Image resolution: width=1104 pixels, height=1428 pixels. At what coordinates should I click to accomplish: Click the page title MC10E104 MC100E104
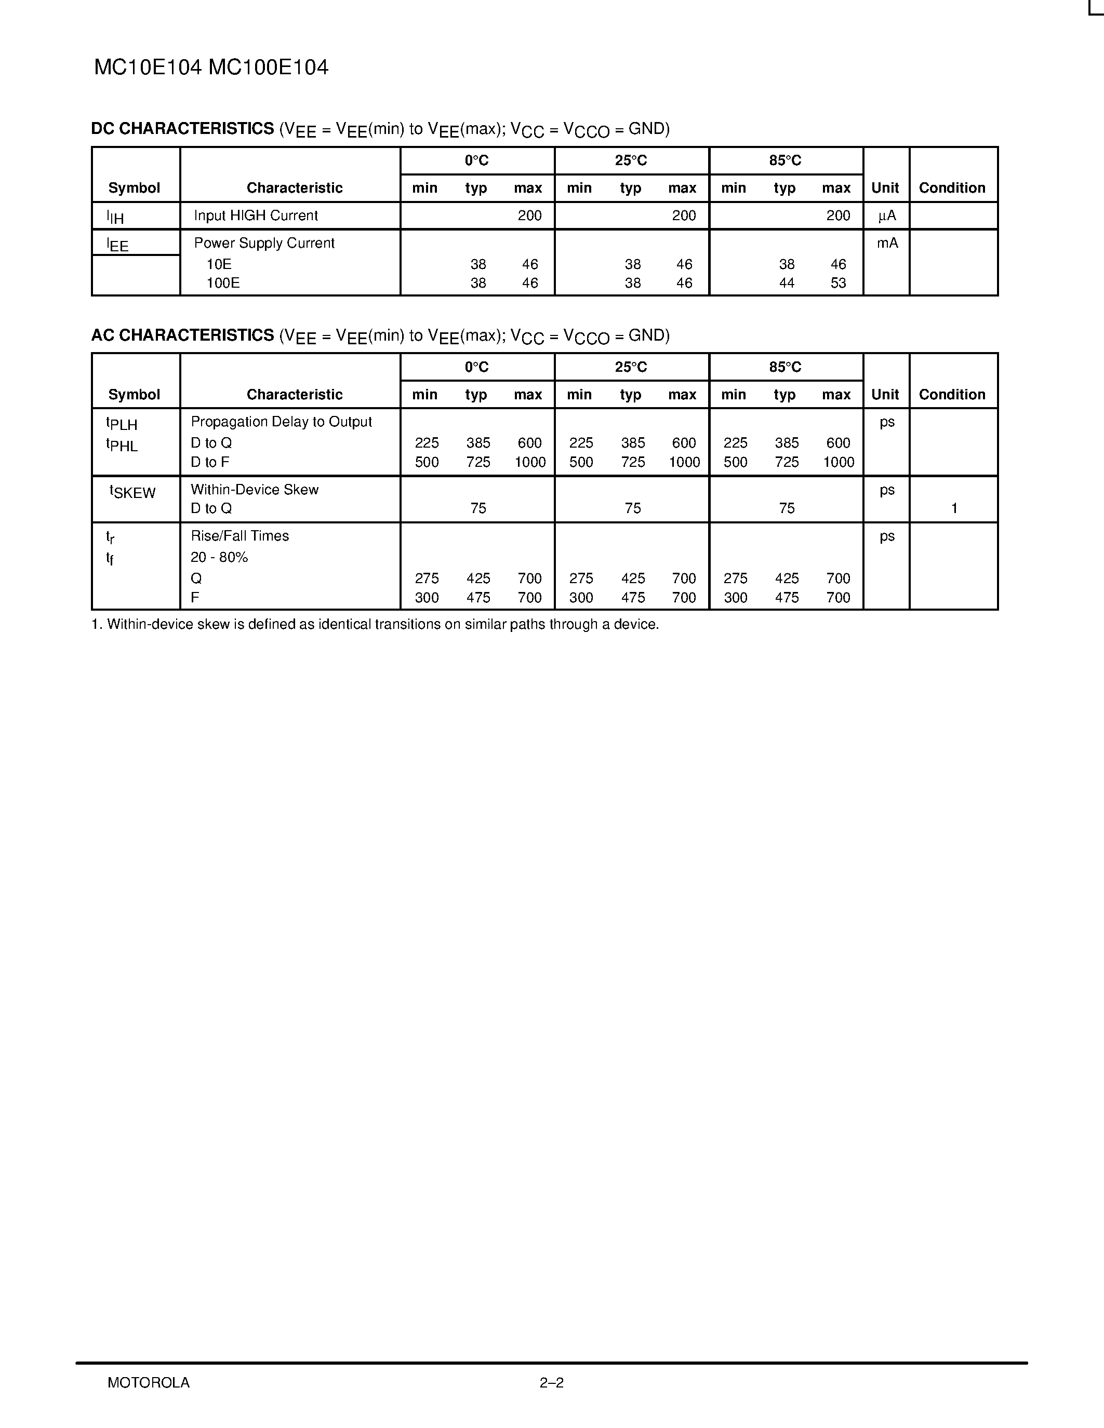point(211,68)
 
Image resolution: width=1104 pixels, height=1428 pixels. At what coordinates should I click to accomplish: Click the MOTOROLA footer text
point(149,1382)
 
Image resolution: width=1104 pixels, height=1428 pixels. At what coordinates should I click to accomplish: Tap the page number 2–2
point(551,1382)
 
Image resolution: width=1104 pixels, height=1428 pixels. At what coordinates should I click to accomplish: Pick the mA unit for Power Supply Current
point(887,243)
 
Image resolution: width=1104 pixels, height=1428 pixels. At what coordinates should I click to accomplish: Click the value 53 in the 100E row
point(838,283)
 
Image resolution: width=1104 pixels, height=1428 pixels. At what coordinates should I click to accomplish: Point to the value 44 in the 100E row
point(786,283)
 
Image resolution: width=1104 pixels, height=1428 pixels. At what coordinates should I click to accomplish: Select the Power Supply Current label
point(264,243)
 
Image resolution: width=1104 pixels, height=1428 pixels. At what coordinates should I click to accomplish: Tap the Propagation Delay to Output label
point(281,422)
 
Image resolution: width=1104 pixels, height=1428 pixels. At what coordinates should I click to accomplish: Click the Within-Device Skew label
point(255,490)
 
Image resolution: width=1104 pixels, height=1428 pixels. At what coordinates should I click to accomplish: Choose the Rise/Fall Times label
point(240,536)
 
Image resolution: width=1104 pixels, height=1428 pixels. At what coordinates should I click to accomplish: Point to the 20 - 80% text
point(219,557)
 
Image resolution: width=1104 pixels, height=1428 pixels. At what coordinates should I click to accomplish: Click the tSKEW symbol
point(133,492)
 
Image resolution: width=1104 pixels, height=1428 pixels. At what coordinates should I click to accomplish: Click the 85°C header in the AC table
point(785,367)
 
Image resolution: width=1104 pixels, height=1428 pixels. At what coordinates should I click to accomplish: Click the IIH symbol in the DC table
point(115,217)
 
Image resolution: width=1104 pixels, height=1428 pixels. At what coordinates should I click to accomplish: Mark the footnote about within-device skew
point(376,624)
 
